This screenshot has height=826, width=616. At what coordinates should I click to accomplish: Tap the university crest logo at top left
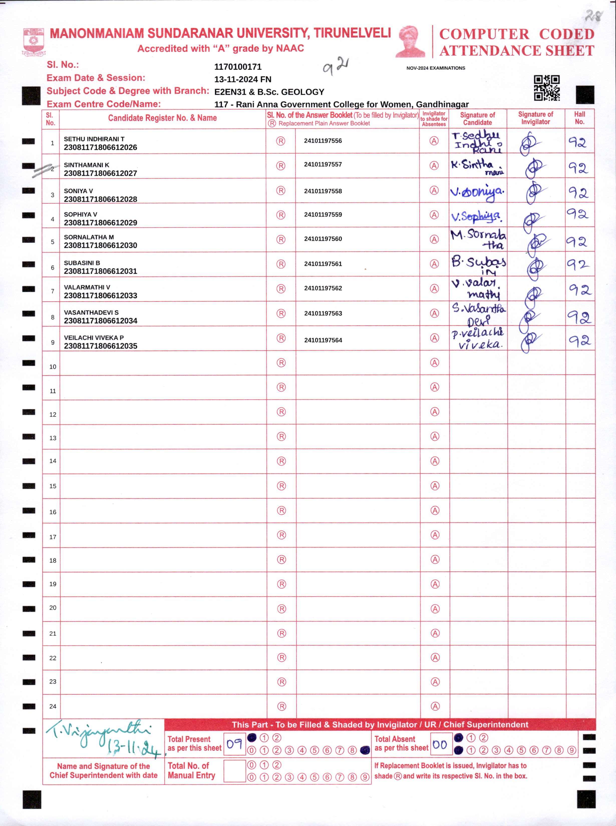34,41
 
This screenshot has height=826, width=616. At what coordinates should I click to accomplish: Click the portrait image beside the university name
411,41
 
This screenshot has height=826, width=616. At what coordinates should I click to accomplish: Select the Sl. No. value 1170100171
238,67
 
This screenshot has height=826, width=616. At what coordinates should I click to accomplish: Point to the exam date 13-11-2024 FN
243,79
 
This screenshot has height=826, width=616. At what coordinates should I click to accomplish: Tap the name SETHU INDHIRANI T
94,139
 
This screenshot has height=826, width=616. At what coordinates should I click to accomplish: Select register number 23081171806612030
100,245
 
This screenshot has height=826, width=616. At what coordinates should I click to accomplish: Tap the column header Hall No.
579,118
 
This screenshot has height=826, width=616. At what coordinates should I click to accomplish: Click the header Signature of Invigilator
535,118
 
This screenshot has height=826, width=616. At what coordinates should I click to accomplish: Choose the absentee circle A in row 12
435,412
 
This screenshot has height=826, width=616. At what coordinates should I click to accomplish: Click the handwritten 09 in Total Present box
234,744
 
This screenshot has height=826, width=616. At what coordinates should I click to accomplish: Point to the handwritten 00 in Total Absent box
440,745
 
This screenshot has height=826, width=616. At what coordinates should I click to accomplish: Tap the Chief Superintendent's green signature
103,738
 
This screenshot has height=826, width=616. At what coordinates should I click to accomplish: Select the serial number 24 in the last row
53,706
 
